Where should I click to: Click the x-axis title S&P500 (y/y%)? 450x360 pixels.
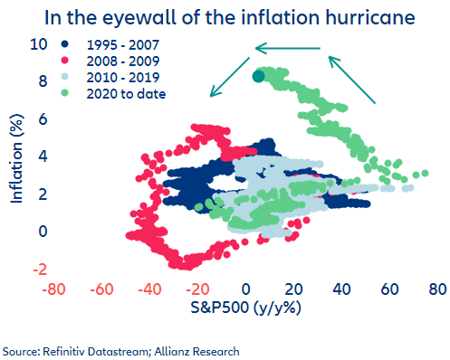[244, 309]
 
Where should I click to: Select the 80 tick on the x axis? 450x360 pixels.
[437, 289]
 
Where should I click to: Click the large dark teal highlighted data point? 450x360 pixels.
[258, 76]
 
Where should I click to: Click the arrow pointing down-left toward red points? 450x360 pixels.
[230, 75]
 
